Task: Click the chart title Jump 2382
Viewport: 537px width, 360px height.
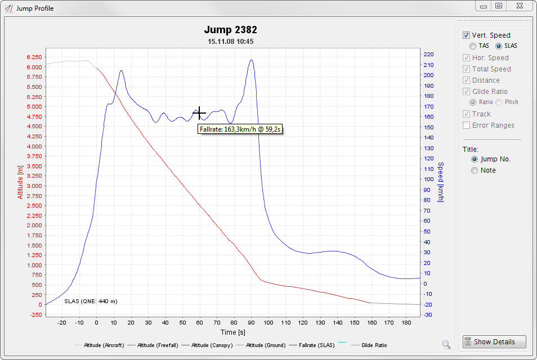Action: point(230,30)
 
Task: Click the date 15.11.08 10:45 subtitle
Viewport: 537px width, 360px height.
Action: point(230,41)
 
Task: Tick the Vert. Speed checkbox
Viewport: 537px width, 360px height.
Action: point(466,35)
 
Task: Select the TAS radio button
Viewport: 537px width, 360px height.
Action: point(473,46)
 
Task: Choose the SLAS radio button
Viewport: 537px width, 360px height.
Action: point(499,46)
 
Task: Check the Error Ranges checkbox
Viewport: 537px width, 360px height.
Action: point(466,125)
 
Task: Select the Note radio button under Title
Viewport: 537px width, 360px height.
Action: point(475,170)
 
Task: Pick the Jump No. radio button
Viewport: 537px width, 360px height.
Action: point(475,159)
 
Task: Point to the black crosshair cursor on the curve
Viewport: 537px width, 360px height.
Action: point(199,114)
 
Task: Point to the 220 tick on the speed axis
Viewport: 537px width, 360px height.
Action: point(428,54)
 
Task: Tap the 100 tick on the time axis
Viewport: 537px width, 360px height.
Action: point(268,322)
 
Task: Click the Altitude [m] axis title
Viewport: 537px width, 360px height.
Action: point(20,182)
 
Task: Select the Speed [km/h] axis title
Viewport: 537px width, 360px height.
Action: point(441,182)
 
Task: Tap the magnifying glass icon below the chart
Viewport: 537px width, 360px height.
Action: point(446,344)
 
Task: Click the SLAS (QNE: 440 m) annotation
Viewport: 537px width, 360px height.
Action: point(91,301)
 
